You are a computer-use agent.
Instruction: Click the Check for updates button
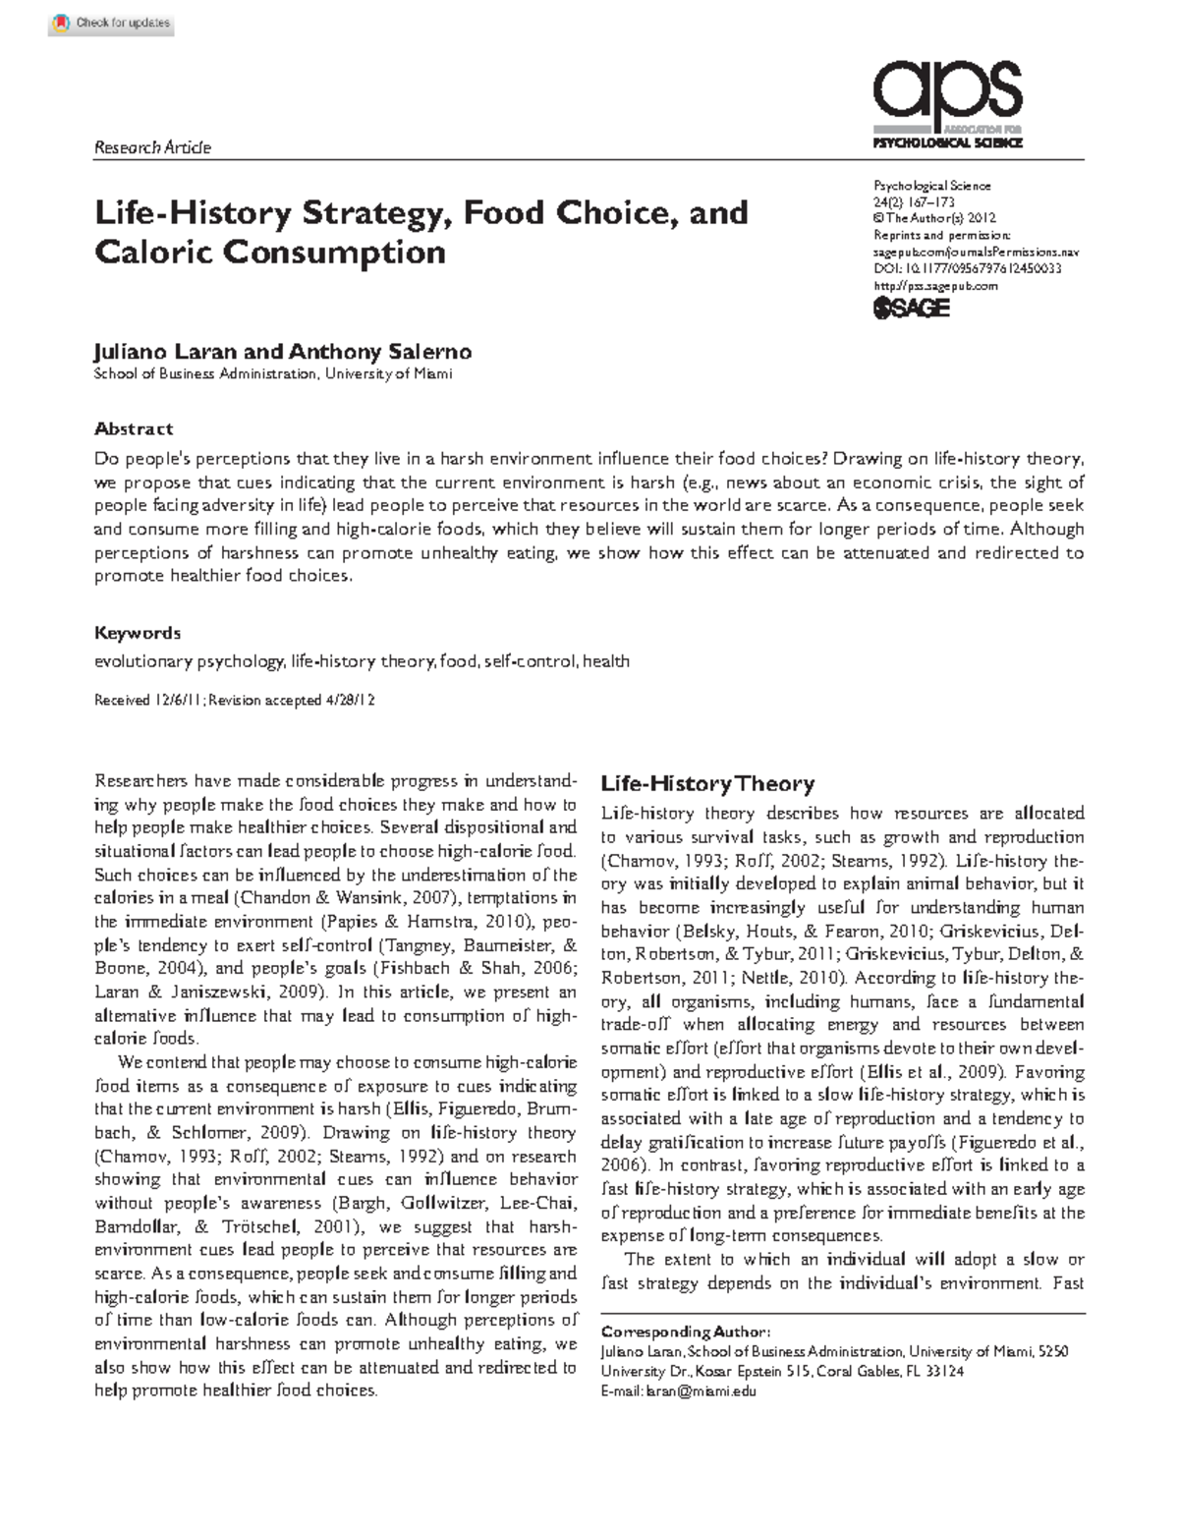tap(111, 23)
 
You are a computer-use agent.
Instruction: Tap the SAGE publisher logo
tap(911, 308)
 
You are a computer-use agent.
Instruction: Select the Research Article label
tap(152, 147)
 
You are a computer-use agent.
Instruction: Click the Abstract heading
tap(134, 428)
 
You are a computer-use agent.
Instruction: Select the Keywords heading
tap(138, 633)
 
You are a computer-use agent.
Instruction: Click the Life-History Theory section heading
tap(707, 784)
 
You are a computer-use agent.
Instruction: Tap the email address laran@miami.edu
tap(701, 1391)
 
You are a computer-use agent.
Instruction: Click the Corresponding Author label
tap(686, 1332)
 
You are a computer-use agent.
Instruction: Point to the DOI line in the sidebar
tap(967, 268)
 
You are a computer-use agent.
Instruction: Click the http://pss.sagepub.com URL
tap(935, 285)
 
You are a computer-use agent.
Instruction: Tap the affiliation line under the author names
tap(273, 374)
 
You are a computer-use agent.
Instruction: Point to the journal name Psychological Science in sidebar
tap(931, 186)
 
